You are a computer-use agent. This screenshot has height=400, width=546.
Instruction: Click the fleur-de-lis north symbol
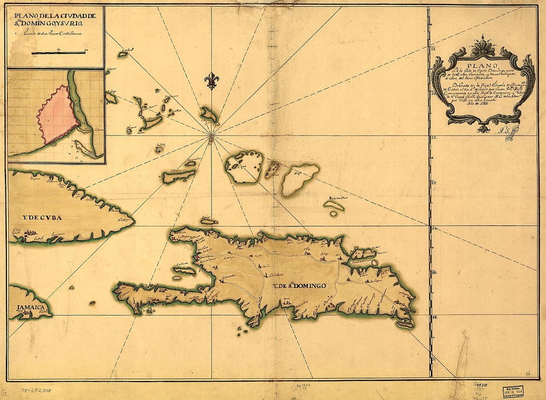pyautogui.click(x=212, y=81)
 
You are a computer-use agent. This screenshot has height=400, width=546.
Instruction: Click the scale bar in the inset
pyautogui.click(x=60, y=53)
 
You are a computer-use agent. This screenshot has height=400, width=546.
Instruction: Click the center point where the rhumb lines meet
pyautogui.click(x=211, y=134)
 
